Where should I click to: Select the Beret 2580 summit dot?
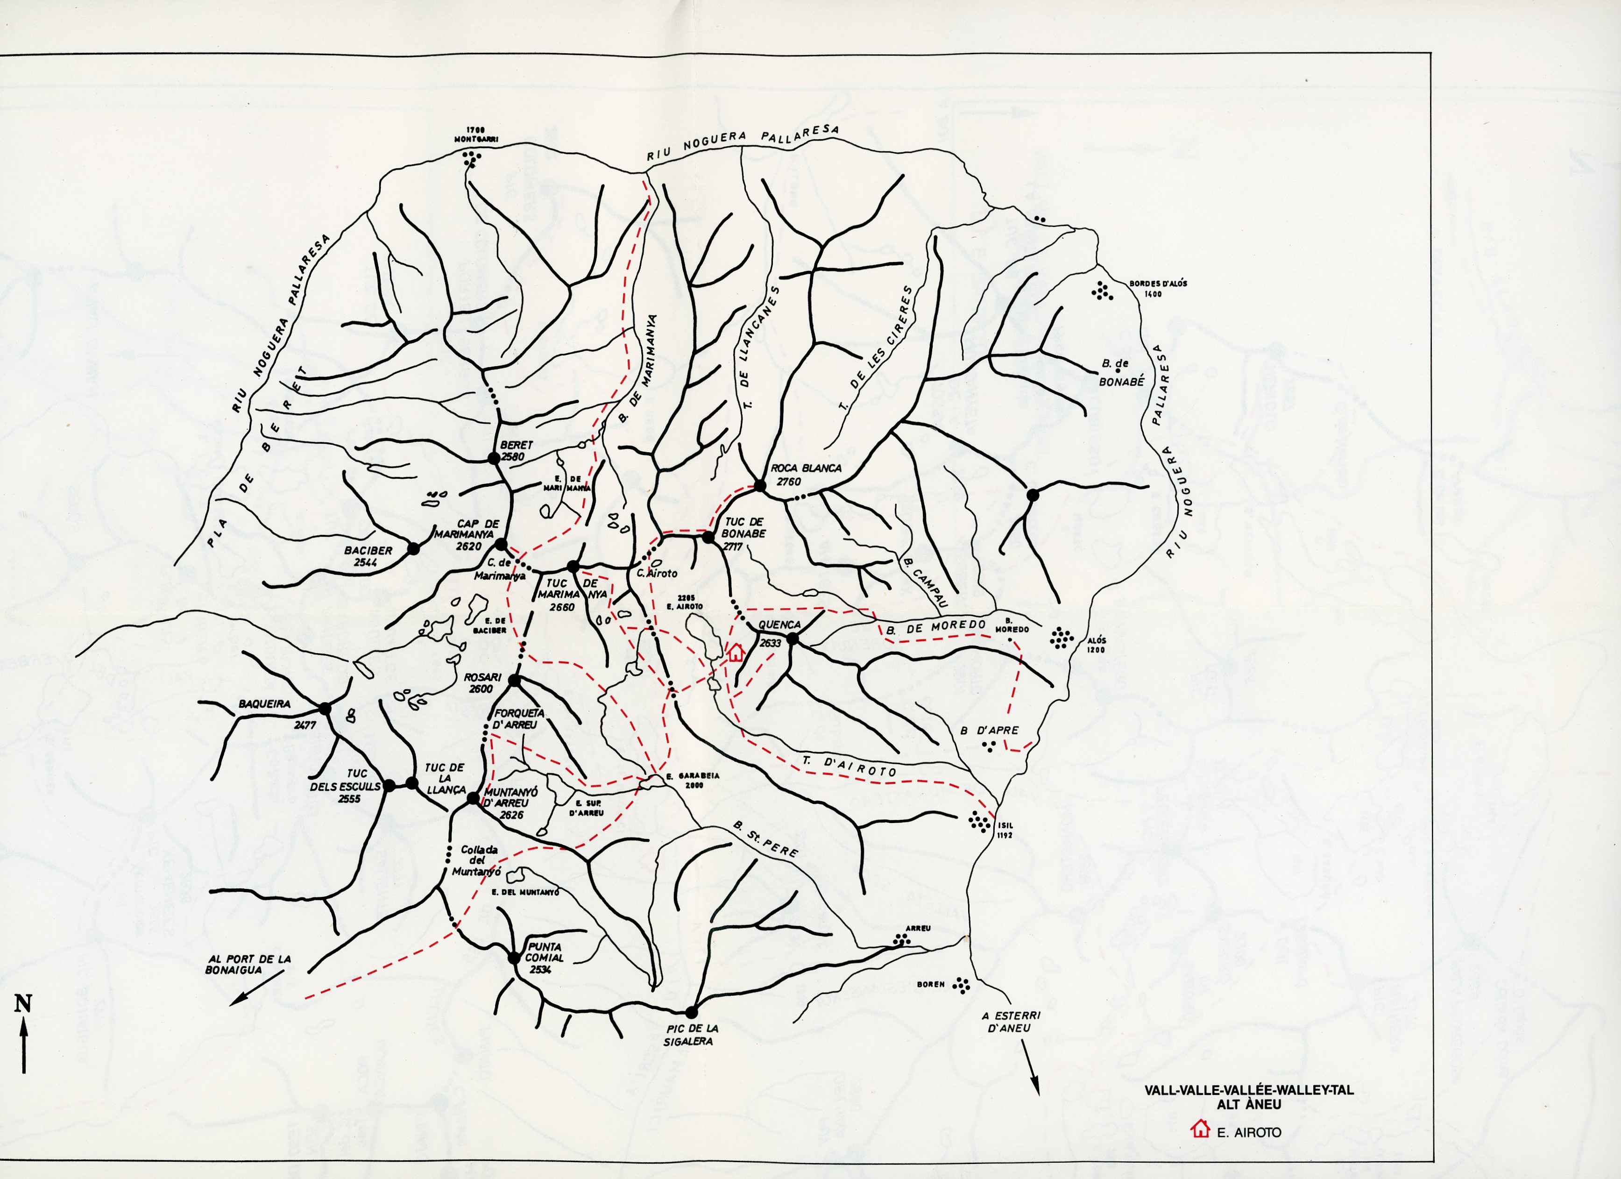pyautogui.click(x=493, y=458)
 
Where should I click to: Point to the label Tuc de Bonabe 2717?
pyautogui.click(x=743, y=533)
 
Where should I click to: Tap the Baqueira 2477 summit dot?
pyautogui.click(x=325, y=709)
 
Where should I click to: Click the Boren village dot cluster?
pyautogui.click(x=963, y=986)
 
